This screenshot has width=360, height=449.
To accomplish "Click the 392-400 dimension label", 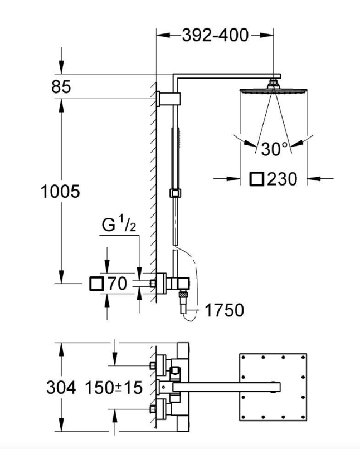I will pyautogui.click(x=215, y=36).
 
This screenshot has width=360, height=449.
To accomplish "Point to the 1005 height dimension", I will pyautogui.click(x=61, y=192).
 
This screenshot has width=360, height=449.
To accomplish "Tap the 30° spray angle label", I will pyautogui.click(x=275, y=149).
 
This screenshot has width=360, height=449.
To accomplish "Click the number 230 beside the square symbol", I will pyautogui.click(x=282, y=179).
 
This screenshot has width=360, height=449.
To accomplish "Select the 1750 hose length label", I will pyautogui.click(x=224, y=310).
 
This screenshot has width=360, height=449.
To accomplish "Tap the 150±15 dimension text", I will pyautogui.click(x=114, y=387).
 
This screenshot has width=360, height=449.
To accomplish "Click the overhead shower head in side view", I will pyautogui.click(x=273, y=89).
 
